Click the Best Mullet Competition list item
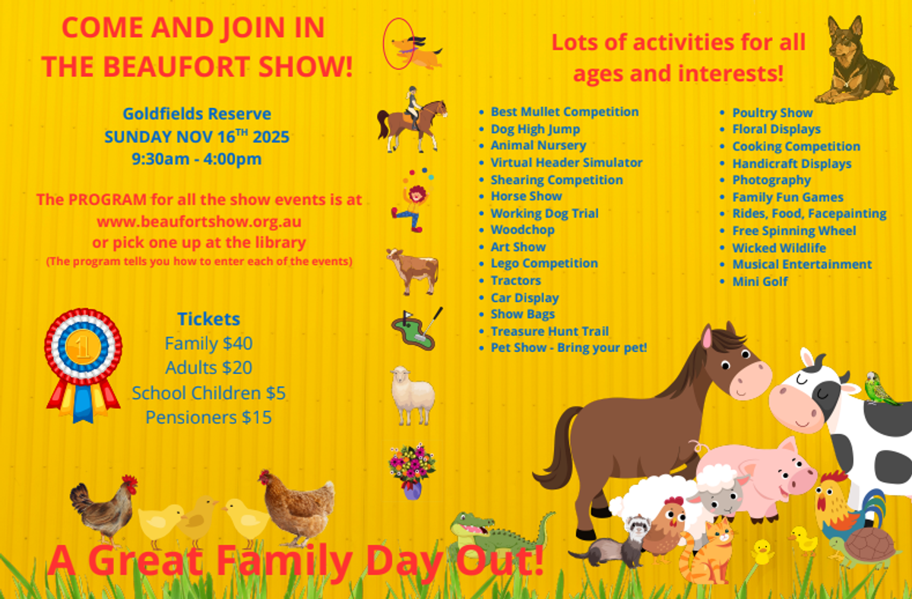[x=564, y=112]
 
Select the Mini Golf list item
[x=760, y=281]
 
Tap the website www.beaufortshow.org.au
[x=199, y=222]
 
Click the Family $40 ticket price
[x=208, y=344]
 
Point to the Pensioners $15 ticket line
[x=208, y=417]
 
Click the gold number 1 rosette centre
[x=83, y=347]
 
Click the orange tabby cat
[x=706, y=552]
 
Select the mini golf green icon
[x=416, y=329]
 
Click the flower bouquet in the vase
[x=412, y=471]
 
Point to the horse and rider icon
[x=412, y=119]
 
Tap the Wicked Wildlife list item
[x=779, y=248]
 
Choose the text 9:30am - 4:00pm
[x=197, y=159]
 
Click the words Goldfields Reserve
[x=197, y=113]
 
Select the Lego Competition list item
[x=544, y=264]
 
